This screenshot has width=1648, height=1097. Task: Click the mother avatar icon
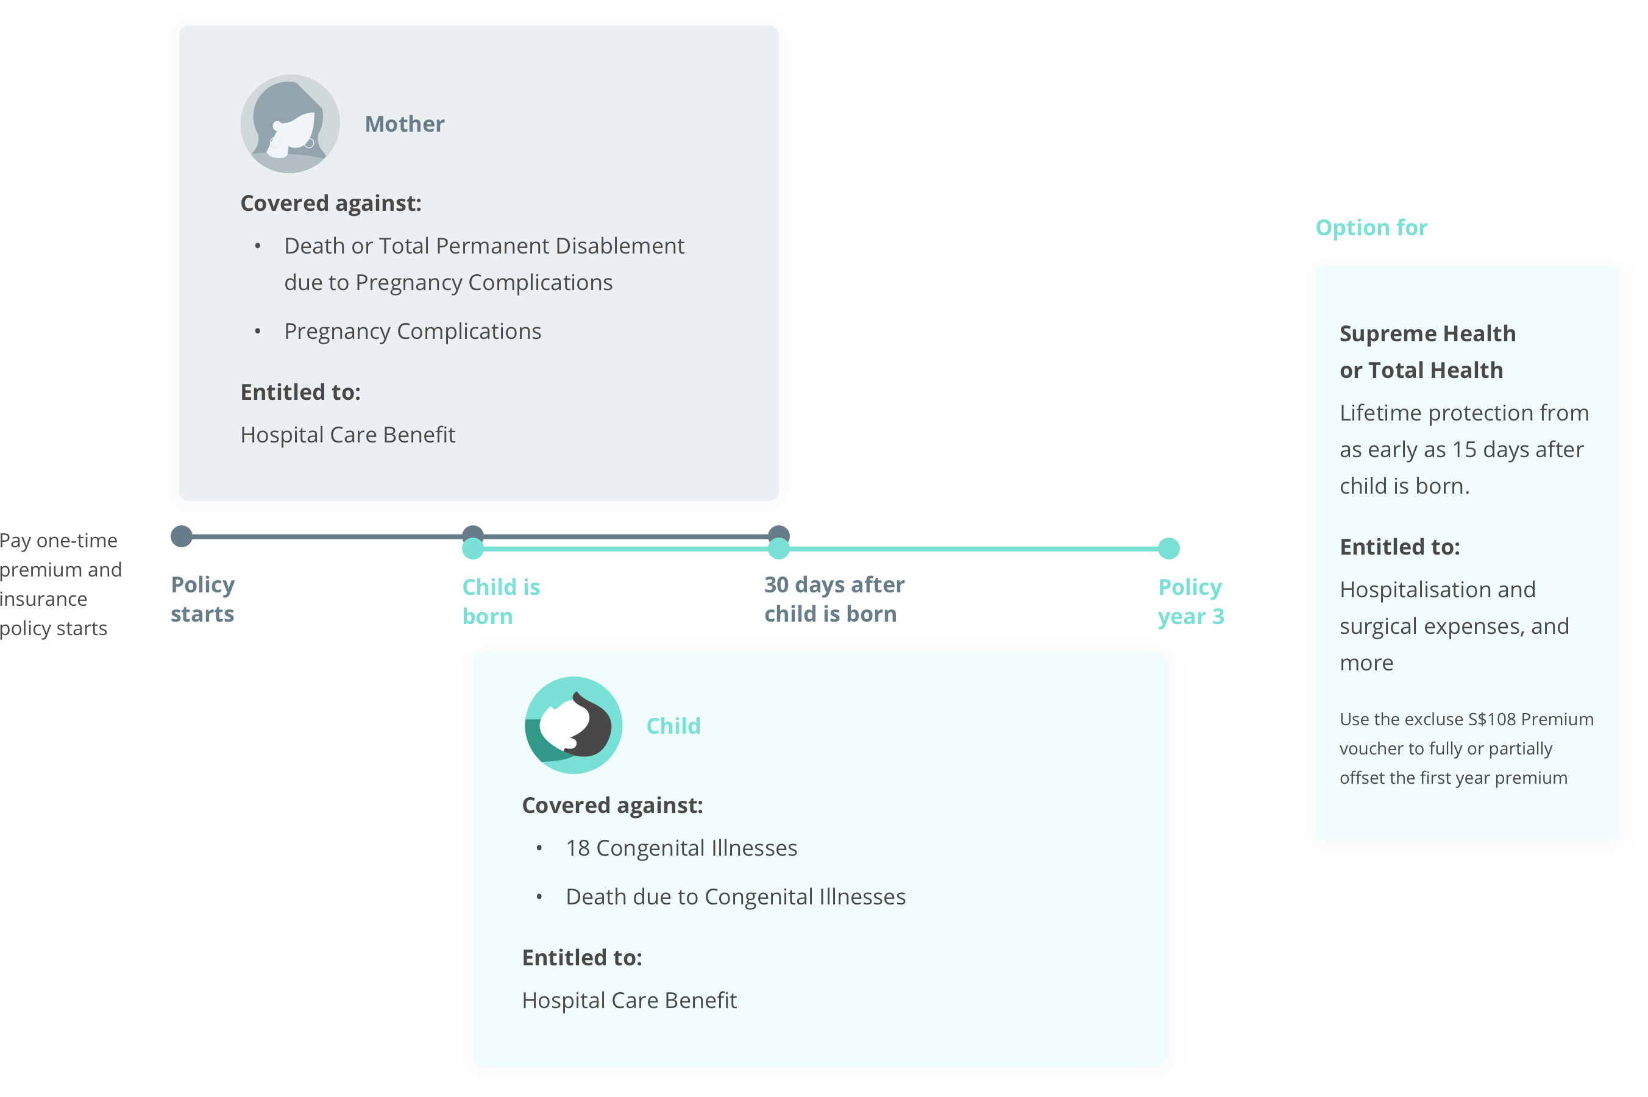click(289, 124)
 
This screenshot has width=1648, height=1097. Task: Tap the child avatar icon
click(573, 725)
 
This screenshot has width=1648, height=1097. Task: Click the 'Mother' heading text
click(404, 124)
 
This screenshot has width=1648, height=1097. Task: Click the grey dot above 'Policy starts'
click(181, 536)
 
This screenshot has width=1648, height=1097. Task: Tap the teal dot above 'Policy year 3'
click(1168, 548)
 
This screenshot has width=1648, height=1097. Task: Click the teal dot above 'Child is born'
click(473, 548)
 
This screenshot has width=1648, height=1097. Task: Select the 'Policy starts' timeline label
click(202, 599)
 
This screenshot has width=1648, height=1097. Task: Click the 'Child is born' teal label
click(501, 602)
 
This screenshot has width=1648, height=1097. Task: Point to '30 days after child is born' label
click(834, 599)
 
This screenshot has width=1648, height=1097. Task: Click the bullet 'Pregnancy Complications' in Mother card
click(413, 331)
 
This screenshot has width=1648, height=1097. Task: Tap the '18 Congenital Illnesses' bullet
click(681, 848)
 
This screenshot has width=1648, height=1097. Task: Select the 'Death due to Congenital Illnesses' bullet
click(735, 896)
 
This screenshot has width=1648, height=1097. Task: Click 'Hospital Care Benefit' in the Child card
click(629, 1001)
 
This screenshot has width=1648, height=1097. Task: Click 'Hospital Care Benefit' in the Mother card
click(347, 435)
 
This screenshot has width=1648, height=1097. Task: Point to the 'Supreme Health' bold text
click(1427, 334)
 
